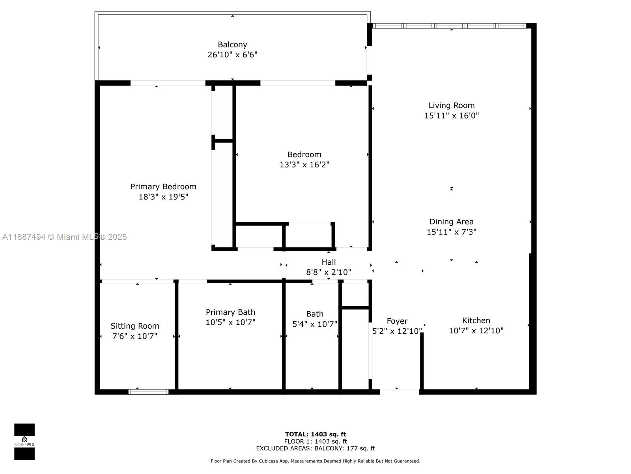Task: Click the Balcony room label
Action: pos(232,45)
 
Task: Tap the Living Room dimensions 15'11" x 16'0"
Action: pos(451,116)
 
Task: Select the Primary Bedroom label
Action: pos(163,186)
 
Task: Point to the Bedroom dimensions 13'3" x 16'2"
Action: pos(304,165)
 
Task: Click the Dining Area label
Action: pos(451,222)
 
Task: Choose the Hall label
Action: pos(329,262)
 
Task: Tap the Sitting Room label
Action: pos(134,326)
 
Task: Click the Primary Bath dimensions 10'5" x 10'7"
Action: pos(230,322)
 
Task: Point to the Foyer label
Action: pos(397,321)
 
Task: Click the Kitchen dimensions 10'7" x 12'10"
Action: pos(476,331)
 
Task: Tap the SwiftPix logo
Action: pos(24,442)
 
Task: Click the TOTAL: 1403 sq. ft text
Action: pos(315,434)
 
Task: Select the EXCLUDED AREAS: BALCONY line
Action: pos(315,448)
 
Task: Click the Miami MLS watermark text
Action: pos(64,237)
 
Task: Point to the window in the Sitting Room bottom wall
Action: pos(149,392)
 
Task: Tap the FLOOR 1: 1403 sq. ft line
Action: pos(315,441)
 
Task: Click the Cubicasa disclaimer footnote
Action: pos(315,461)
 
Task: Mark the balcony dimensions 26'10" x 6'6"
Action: pos(232,55)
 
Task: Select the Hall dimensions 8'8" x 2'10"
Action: pos(329,272)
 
